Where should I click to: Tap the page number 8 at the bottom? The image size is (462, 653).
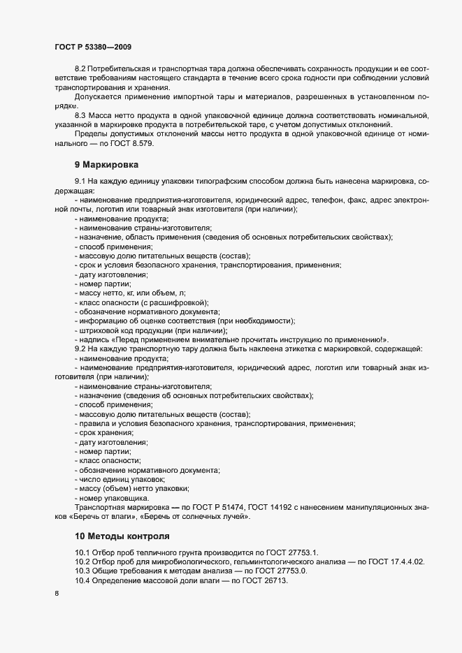57,594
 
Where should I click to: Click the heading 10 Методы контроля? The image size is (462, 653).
122,536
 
